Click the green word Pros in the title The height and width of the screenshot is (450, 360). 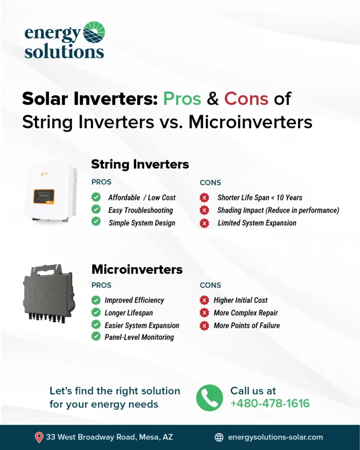182,99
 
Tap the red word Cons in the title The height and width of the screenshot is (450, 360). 246,99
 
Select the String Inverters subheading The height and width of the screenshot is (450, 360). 140,165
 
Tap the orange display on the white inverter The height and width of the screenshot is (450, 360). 44,195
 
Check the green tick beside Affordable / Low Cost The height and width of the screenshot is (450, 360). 96,197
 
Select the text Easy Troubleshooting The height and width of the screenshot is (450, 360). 141,210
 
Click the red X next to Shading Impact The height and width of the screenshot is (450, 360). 204,210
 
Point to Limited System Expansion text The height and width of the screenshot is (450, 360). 257,223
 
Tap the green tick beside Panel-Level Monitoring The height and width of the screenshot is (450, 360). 96,337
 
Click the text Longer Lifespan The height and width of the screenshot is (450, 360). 128,313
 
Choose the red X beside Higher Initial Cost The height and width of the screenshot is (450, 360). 204,300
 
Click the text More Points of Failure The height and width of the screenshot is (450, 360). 247,326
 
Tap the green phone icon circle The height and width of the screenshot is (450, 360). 209,397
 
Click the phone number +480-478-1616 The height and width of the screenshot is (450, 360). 270,403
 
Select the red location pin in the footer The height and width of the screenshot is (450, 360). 39,437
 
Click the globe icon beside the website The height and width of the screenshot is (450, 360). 219,437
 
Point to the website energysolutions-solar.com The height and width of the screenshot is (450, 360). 276,437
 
